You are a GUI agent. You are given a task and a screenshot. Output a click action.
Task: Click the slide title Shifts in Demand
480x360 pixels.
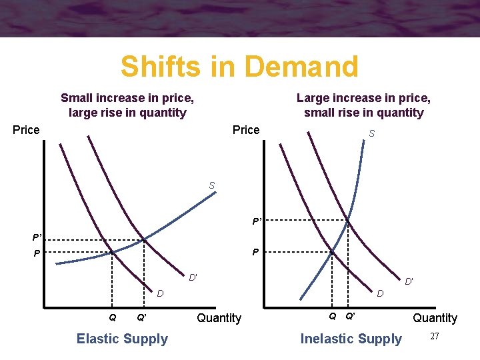239,67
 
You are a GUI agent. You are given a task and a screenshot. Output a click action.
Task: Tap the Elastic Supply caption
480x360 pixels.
122,339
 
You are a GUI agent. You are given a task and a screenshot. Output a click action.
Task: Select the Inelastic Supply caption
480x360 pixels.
351,339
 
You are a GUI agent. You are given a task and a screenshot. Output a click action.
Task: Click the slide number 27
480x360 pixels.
435,336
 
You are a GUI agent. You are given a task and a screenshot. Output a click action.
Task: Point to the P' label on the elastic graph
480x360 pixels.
37,237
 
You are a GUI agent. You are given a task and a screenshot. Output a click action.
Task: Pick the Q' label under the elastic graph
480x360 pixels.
141,317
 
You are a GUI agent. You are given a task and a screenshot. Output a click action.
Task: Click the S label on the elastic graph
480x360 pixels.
211,185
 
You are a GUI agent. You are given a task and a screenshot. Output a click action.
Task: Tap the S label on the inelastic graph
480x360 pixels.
371,134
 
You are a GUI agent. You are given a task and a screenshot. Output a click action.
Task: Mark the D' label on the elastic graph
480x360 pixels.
192,277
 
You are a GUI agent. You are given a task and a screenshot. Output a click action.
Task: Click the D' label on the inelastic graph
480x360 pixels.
409,282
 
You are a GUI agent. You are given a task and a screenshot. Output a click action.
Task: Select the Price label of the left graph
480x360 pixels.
26,130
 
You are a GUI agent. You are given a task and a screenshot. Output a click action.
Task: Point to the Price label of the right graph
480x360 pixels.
246,130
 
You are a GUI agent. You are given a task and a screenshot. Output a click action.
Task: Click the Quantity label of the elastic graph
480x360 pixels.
219,318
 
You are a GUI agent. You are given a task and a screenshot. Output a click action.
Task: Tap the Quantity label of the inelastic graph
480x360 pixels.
435,318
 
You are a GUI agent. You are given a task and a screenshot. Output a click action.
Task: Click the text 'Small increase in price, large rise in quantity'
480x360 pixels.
127,105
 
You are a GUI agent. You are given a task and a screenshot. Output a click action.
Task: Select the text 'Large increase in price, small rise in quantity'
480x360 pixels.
363,105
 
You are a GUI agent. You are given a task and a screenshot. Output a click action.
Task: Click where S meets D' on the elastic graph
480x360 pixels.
145,239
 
